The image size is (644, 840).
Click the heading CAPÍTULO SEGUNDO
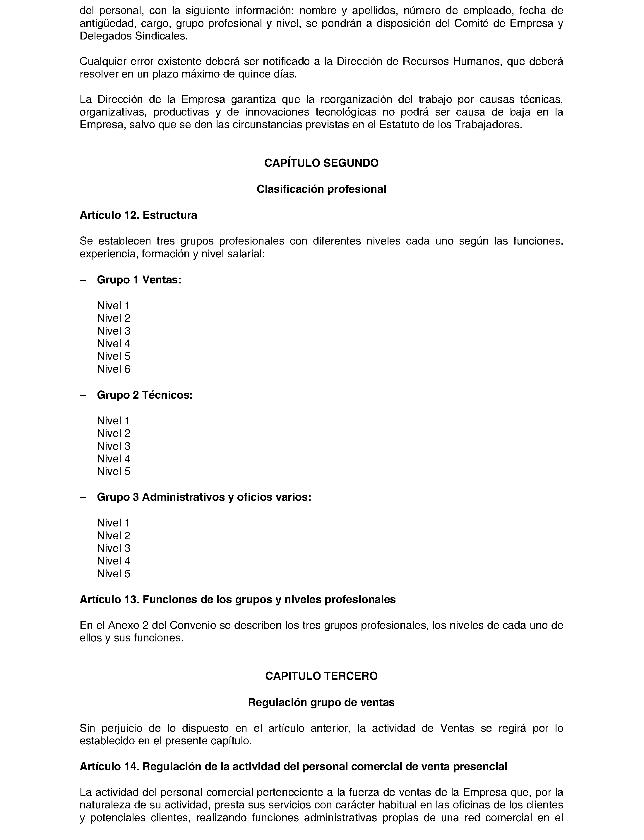pyautogui.click(x=321, y=163)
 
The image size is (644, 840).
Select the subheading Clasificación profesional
pyautogui.click(x=321, y=189)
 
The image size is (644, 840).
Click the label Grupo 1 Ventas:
pyautogui.click(x=139, y=280)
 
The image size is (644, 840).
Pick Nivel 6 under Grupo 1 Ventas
pyautogui.click(x=114, y=369)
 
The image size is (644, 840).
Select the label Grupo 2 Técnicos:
pyautogui.click(x=145, y=395)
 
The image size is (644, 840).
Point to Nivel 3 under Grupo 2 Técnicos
pyautogui.click(x=114, y=446)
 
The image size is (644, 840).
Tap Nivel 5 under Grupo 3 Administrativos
pyautogui.click(x=114, y=574)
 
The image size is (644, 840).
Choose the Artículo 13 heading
pyautogui.click(x=237, y=600)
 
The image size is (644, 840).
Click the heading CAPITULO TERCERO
pyautogui.click(x=321, y=676)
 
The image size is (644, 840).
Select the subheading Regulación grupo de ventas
pyautogui.click(x=321, y=702)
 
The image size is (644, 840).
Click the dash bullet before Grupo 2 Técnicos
pyautogui.click(x=83, y=395)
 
